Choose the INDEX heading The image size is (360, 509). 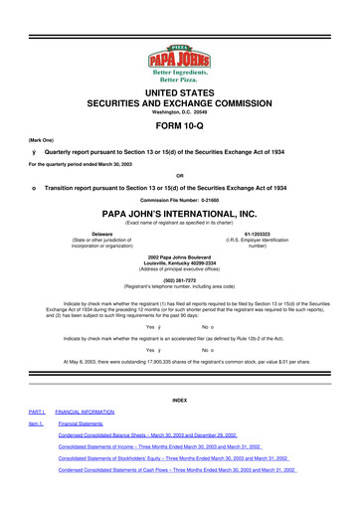(x=180, y=400)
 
